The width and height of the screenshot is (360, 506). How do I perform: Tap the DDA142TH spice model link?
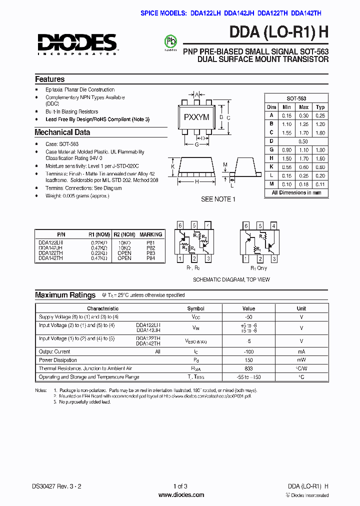click(x=309, y=14)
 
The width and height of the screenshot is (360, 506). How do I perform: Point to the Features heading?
click(x=49, y=79)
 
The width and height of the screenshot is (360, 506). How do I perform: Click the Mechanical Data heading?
click(x=62, y=132)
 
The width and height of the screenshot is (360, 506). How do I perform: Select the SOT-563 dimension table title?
click(x=296, y=98)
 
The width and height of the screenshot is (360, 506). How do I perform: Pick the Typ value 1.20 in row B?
click(x=320, y=124)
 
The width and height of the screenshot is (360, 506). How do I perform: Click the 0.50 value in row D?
click(x=303, y=141)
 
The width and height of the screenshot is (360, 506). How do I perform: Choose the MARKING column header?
click(x=150, y=234)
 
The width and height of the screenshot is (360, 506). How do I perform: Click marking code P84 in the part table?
click(x=150, y=258)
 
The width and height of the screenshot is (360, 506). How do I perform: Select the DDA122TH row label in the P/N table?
click(x=50, y=253)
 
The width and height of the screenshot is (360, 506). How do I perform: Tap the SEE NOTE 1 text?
click(x=216, y=199)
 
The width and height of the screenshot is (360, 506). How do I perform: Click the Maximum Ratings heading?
click(x=65, y=295)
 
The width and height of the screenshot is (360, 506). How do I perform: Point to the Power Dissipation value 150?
click(x=248, y=360)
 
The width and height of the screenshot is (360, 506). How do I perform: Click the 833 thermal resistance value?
click(x=248, y=368)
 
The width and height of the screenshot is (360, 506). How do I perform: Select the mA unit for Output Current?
click(x=301, y=352)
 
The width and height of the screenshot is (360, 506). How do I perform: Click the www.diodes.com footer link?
click(x=181, y=495)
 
